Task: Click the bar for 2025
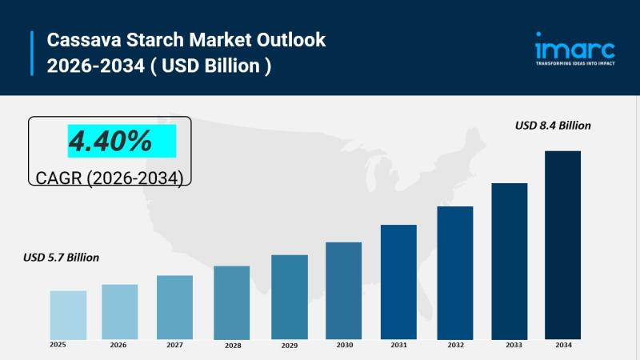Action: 68,314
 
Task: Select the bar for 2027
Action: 174,307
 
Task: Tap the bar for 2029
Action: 290,297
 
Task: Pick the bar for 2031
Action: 398,282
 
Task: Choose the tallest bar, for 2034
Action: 562,244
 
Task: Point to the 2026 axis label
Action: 118,346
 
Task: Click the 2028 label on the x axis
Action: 233,346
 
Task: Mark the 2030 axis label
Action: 344,346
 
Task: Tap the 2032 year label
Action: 455,346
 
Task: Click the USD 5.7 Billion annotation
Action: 62,257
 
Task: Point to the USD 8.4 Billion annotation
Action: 553,126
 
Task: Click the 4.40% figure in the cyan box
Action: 110,142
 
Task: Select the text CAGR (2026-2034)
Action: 110,178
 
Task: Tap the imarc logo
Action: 574,46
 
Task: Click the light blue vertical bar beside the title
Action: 33,52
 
